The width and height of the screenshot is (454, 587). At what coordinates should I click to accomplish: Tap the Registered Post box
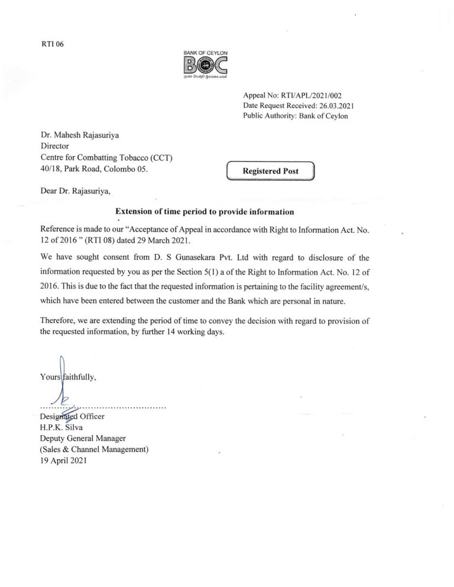[x=271, y=171]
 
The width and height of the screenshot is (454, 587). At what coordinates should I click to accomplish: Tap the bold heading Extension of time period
[x=204, y=211]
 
